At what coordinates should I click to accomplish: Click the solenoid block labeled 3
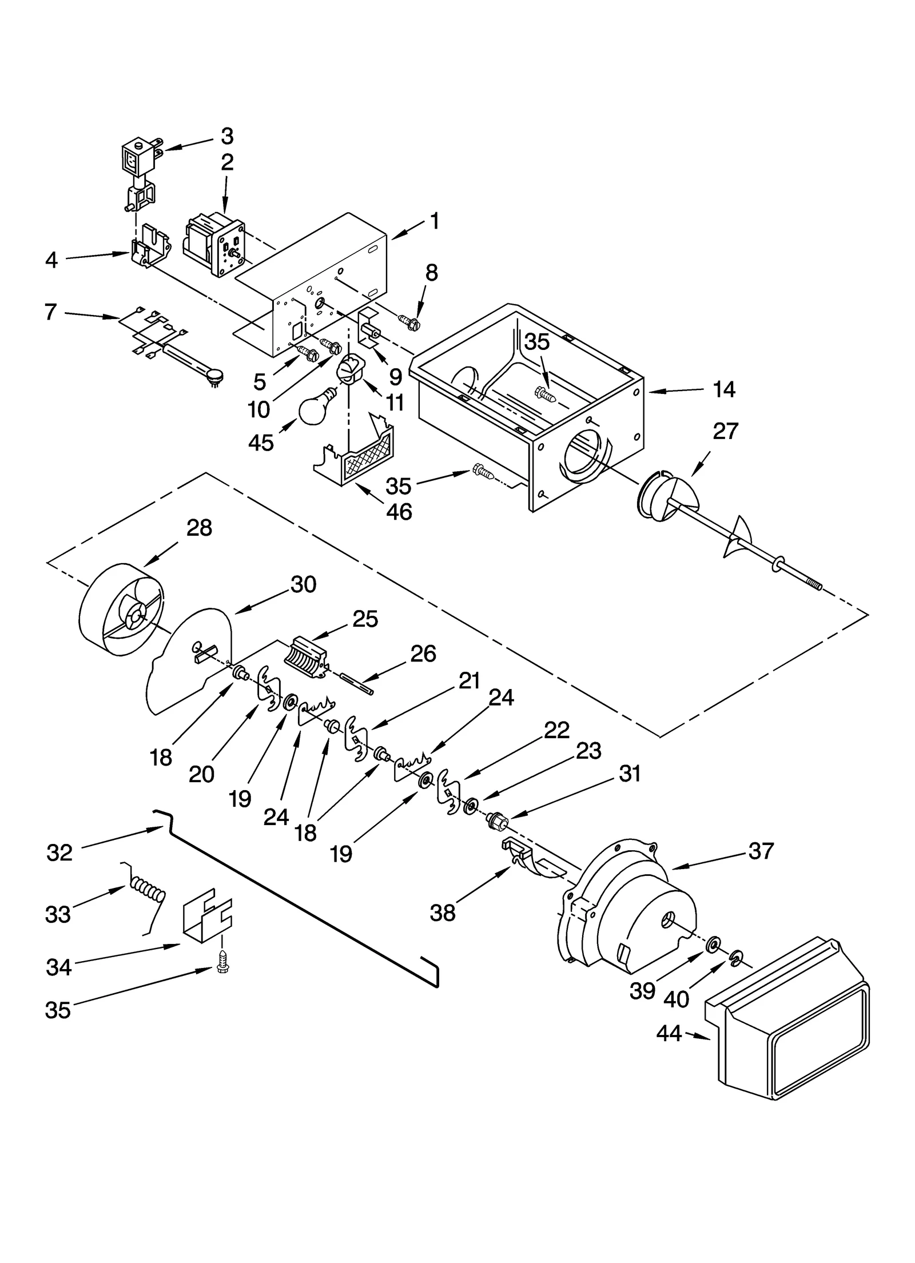(137, 157)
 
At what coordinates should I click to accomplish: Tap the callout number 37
(761, 851)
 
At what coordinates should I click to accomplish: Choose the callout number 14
(723, 390)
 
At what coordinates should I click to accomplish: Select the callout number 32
(59, 852)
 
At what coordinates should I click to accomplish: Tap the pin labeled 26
(356, 684)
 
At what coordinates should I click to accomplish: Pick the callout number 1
(435, 222)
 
